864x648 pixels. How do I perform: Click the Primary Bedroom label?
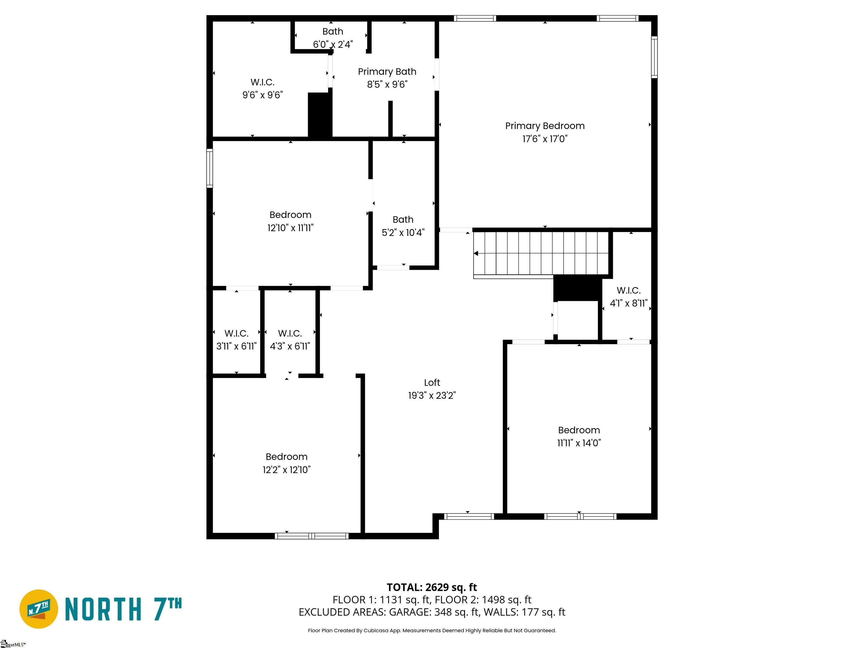coord(544,126)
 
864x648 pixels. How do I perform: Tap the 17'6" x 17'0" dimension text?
coord(545,139)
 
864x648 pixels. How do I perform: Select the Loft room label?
coord(432,382)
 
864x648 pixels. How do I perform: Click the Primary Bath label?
coord(387,72)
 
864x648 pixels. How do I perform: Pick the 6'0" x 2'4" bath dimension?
coord(333,44)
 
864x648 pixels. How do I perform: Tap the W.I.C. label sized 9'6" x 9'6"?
coord(262,82)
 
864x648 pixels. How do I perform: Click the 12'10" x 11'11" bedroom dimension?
coord(291,228)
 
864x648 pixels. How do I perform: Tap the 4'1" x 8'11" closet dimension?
coord(629,303)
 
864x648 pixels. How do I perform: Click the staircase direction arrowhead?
coord(476,253)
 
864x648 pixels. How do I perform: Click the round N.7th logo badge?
coord(39,609)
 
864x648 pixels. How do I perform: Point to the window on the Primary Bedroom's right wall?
coord(654,57)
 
